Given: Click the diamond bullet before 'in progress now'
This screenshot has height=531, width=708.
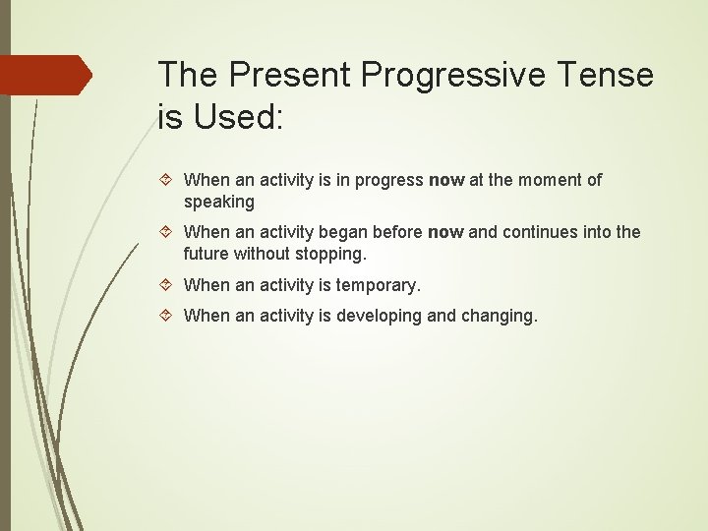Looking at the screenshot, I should click(x=168, y=180).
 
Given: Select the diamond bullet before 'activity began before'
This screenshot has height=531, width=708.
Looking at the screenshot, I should click(x=168, y=233).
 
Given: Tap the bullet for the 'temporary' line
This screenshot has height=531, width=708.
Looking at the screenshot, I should click(x=168, y=286).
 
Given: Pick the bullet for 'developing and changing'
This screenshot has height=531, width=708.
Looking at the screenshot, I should click(x=168, y=316).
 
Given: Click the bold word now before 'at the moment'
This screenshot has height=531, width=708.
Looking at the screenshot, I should click(x=446, y=180).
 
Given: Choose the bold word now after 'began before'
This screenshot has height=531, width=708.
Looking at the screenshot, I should click(x=445, y=233).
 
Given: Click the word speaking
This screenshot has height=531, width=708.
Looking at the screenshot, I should click(x=218, y=203).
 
